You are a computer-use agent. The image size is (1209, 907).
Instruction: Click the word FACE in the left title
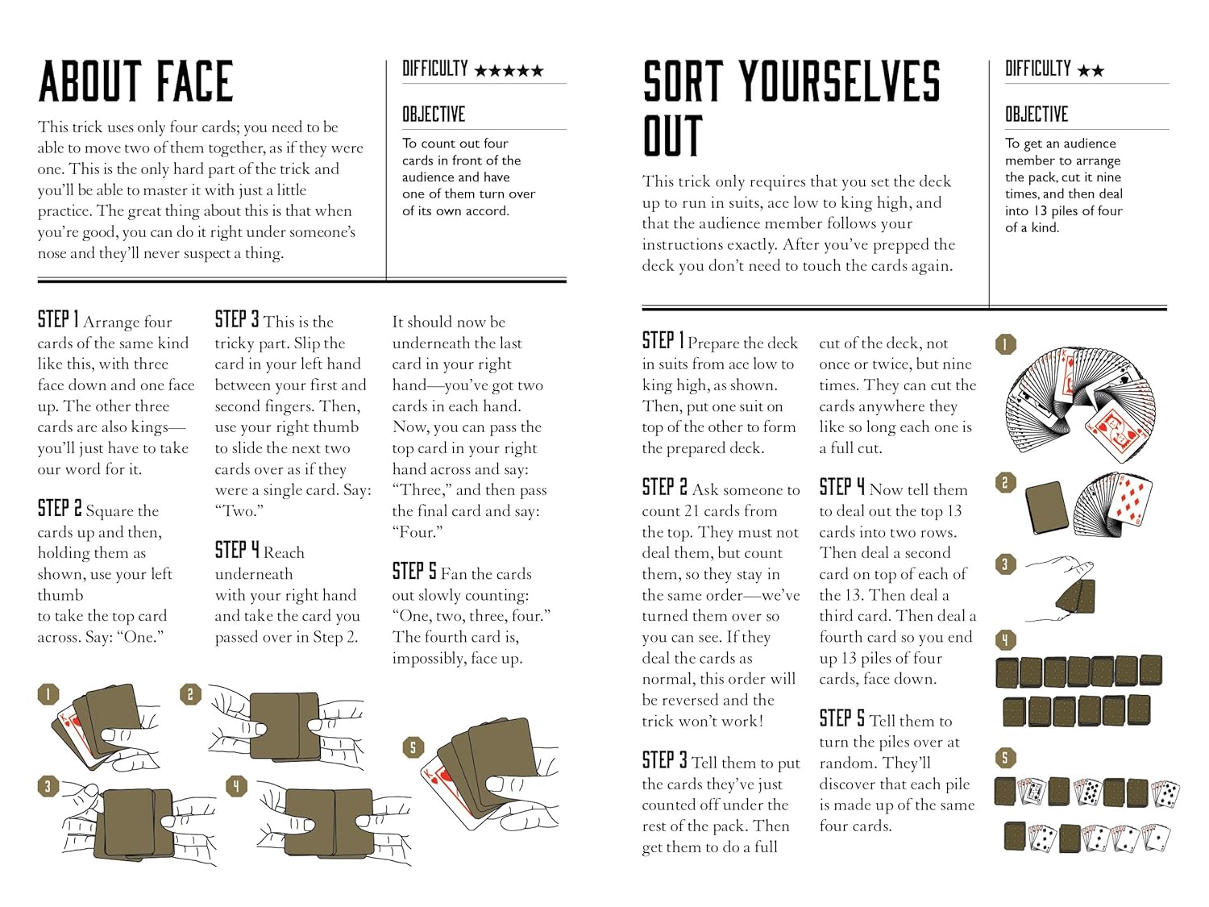tap(195, 81)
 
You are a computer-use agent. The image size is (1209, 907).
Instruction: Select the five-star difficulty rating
tap(509, 70)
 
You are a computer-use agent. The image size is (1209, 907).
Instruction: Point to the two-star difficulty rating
tap(1091, 70)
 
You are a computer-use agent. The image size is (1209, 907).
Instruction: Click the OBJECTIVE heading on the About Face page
tap(434, 114)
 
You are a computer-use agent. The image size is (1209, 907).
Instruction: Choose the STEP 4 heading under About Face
tap(237, 550)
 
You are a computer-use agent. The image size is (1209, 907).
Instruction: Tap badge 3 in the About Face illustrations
tap(48, 786)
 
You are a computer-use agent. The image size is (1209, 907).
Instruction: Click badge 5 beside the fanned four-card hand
tap(413, 747)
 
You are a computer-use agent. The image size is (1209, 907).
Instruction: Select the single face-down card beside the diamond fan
tap(1046, 508)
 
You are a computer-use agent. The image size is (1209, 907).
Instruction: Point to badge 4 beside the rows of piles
tap(1005, 640)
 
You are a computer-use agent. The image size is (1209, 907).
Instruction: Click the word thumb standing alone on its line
tap(60, 595)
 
